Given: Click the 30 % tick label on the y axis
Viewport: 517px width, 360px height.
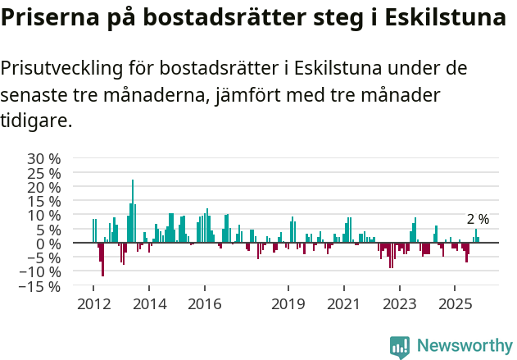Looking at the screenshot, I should pos(43,158).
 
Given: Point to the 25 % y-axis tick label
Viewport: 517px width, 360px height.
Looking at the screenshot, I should pos(43,173).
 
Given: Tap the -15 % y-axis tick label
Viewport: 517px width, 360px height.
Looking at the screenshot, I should pos(39,286).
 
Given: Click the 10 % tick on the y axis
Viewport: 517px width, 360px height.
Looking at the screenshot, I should pos(43,215).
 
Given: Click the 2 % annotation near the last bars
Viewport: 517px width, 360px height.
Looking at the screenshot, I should pos(478,219).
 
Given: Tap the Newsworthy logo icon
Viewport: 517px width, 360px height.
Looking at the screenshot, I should pos(400,347).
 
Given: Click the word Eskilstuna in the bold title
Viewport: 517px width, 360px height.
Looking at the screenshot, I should pos(439,18).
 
